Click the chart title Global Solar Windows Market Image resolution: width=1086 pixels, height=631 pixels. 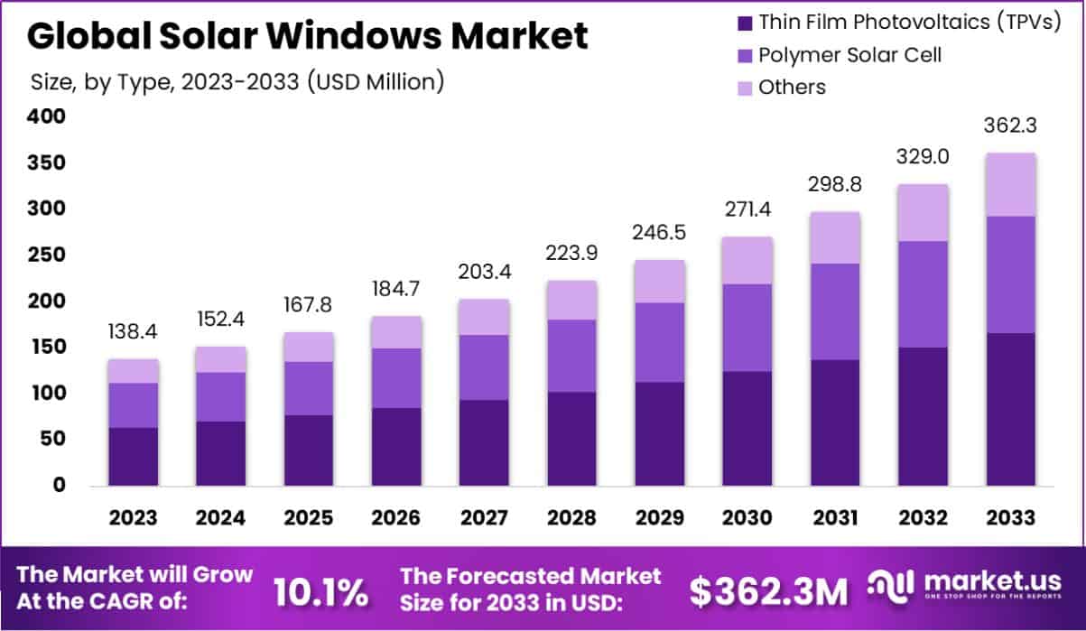(x=308, y=36)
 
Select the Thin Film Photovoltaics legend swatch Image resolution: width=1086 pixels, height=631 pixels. (x=744, y=23)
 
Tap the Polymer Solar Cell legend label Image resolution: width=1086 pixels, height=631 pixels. (x=849, y=55)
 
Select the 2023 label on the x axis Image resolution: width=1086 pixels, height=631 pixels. (x=133, y=518)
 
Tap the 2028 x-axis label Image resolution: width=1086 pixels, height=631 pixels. (x=571, y=518)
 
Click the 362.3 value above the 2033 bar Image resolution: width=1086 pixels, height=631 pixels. (x=1010, y=126)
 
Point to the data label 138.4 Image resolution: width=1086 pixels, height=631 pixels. (x=133, y=333)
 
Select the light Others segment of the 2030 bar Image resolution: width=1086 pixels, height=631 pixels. (x=747, y=260)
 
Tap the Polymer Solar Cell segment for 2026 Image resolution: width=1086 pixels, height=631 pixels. (x=396, y=377)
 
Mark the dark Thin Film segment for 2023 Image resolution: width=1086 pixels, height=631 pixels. (x=133, y=456)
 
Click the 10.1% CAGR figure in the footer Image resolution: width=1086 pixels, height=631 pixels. (x=320, y=592)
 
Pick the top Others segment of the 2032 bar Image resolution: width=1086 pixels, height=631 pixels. (x=923, y=212)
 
